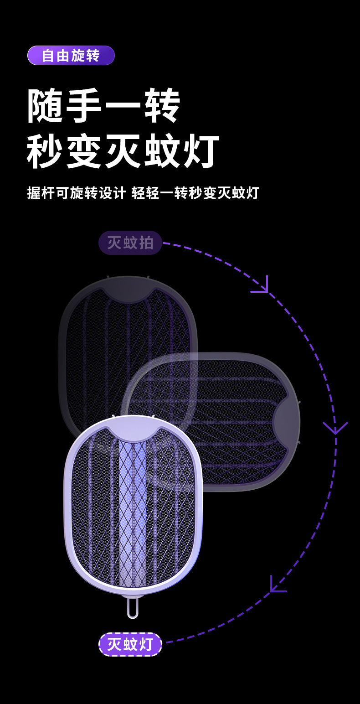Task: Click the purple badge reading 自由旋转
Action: point(71,56)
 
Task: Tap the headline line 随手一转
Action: point(104,106)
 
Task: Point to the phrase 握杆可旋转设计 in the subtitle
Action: point(76,192)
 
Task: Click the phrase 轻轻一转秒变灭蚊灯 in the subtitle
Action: point(195,192)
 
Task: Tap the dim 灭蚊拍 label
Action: point(130,243)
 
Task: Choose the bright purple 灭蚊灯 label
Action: point(130,644)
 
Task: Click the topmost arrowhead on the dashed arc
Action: point(262,286)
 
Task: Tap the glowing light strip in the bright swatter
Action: point(133,511)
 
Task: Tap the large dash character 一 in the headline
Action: point(123,107)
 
